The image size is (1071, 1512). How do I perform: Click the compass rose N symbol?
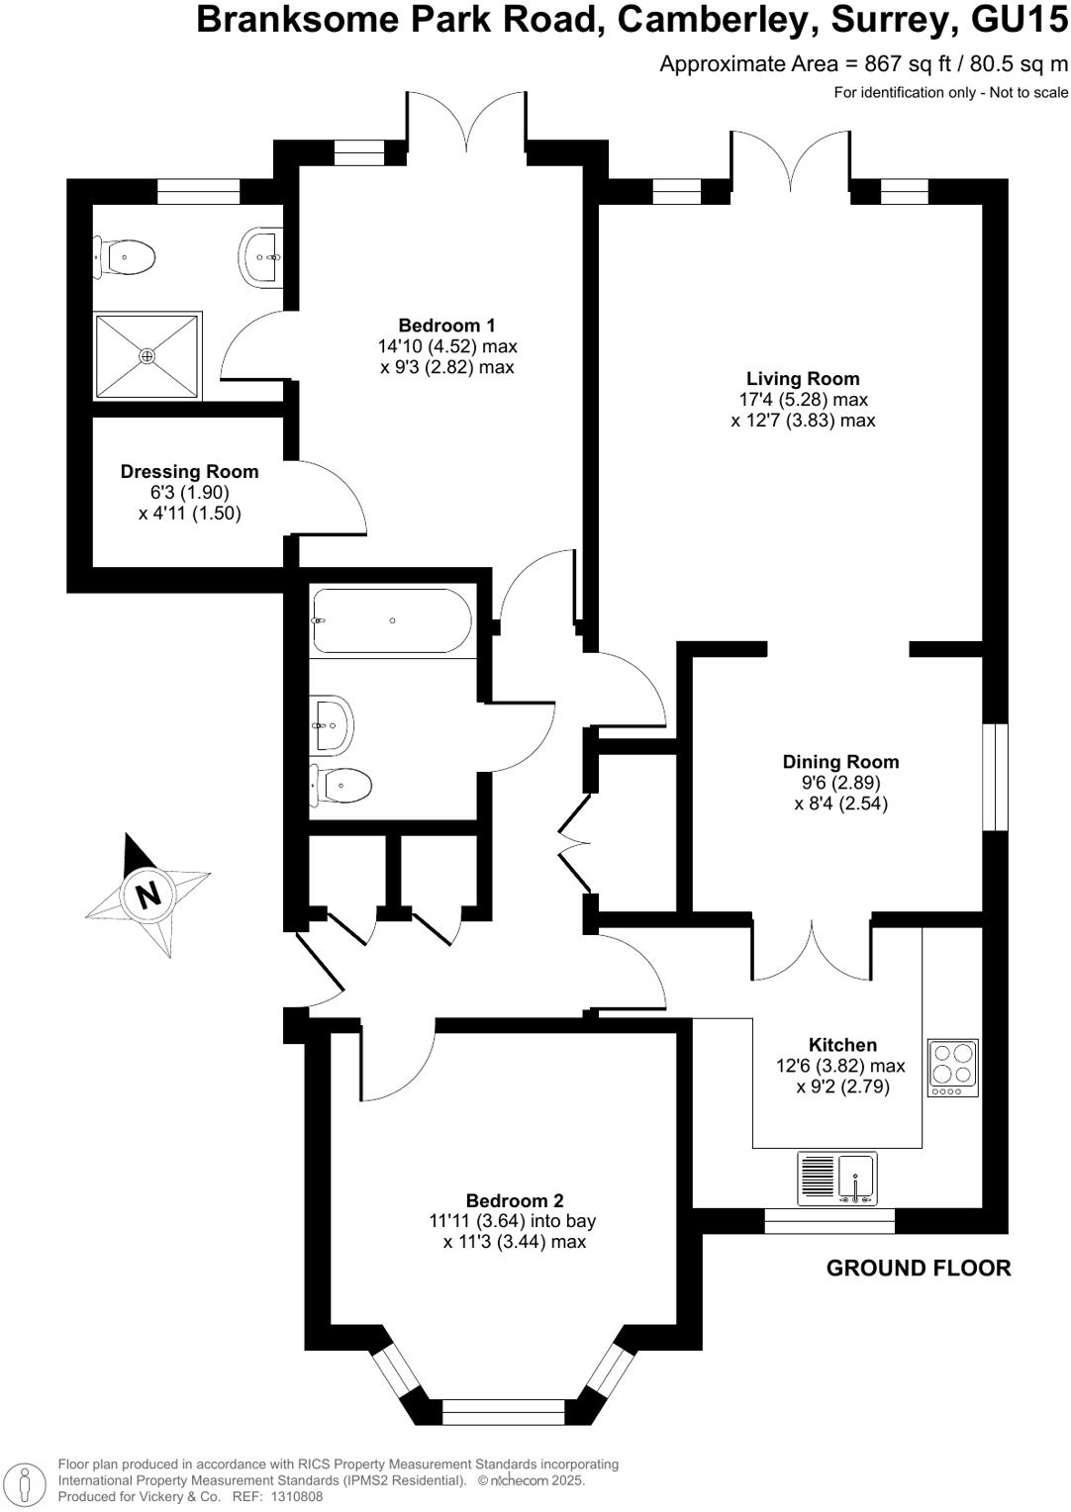click(x=147, y=895)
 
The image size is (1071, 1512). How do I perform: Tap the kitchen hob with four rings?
click(x=953, y=1068)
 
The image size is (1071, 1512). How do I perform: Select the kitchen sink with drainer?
click(x=837, y=1178)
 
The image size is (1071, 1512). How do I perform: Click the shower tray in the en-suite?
click(x=147, y=356)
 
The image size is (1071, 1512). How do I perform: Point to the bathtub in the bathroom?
click(x=392, y=620)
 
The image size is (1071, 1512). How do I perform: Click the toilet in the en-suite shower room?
click(x=127, y=259)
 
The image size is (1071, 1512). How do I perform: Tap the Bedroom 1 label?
click(x=446, y=326)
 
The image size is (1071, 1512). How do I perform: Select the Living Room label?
click(x=803, y=378)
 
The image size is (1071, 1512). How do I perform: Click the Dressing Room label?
click(x=189, y=472)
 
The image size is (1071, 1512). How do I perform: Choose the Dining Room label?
click(x=840, y=762)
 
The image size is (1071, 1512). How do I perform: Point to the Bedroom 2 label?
click(x=515, y=1200)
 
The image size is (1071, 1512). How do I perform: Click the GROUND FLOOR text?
click(x=919, y=1269)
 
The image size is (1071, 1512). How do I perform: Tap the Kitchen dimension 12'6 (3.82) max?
click(x=841, y=1066)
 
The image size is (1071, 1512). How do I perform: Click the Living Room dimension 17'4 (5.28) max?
click(x=803, y=400)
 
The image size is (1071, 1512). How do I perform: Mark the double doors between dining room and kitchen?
click(x=812, y=950)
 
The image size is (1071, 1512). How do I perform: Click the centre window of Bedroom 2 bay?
click(x=503, y=1412)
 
